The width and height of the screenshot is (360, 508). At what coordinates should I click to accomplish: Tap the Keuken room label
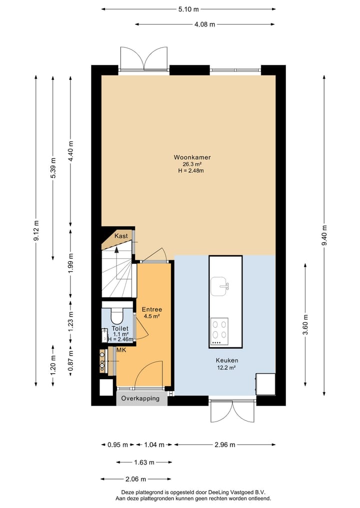(226, 360)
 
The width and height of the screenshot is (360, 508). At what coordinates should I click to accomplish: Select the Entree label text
(151, 309)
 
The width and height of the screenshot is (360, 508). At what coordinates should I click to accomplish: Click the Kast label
(121, 236)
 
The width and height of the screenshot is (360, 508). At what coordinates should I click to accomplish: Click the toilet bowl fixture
(116, 316)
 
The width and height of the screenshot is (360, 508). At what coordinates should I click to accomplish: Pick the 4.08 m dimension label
(205, 24)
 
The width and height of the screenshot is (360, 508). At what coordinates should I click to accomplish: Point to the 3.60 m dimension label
(305, 325)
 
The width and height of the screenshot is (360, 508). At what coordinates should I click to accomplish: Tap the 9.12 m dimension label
(36, 230)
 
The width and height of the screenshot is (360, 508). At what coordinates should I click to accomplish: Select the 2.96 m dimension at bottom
(224, 445)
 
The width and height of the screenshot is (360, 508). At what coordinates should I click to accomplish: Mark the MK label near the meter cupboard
(120, 351)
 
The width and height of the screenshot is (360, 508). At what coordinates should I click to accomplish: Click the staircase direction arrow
(117, 260)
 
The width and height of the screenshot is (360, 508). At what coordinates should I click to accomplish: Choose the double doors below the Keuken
(233, 411)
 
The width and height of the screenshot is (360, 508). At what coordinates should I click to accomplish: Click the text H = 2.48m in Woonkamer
(191, 170)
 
